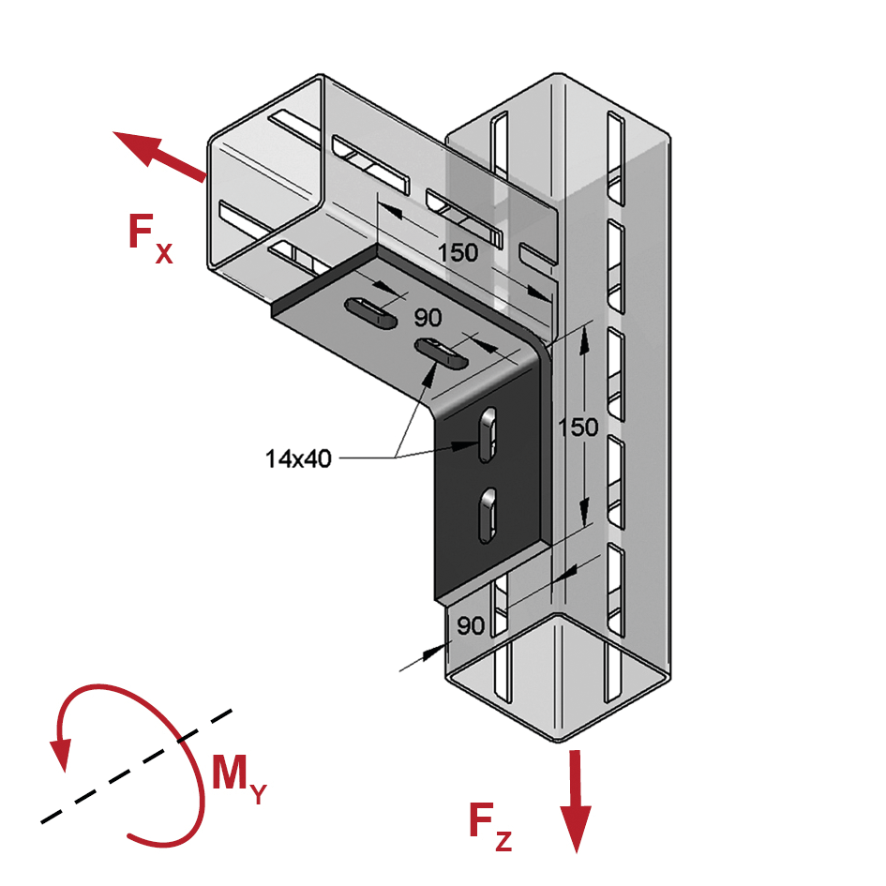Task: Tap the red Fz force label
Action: (x=490, y=828)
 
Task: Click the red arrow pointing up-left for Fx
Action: (x=159, y=156)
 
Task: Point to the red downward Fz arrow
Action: (x=576, y=801)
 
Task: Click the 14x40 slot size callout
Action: (x=298, y=458)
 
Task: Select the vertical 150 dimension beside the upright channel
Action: (x=578, y=428)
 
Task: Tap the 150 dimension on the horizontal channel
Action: (x=458, y=252)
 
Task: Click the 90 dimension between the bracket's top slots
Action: (x=428, y=318)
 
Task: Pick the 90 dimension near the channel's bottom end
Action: (x=471, y=625)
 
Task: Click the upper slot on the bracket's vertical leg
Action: (x=488, y=434)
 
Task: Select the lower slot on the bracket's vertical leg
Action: (x=488, y=516)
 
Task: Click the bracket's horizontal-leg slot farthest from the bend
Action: (x=370, y=312)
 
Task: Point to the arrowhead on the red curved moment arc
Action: (x=60, y=755)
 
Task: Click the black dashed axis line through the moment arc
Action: (x=136, y=766)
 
